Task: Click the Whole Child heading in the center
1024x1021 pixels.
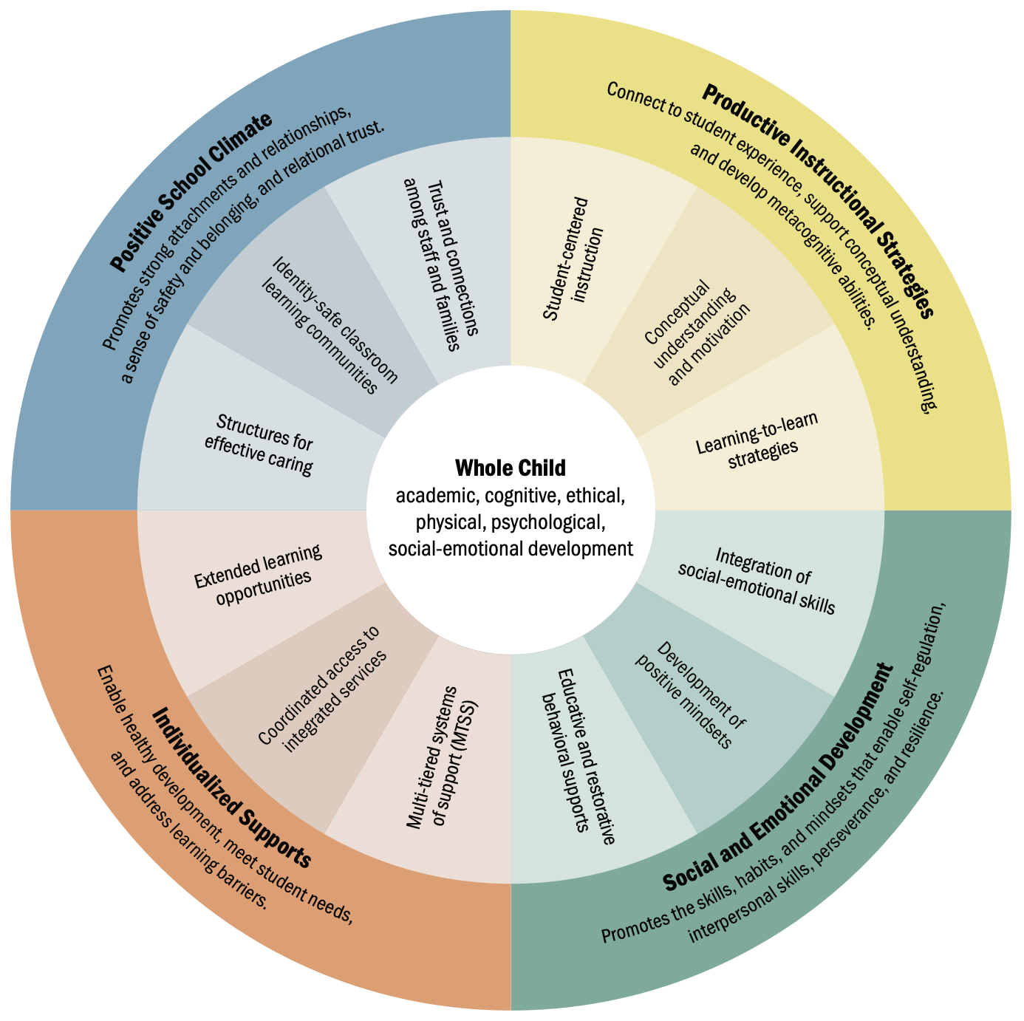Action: coord(511,468)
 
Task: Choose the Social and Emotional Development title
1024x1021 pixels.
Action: coord(779,779)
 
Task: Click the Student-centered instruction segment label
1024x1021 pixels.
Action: coord(574,259)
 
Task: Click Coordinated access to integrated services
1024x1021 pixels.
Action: coord(324,689)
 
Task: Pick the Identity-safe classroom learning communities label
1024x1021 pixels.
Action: coord(330,326)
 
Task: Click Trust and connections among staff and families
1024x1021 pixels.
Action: coord(441,264)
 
